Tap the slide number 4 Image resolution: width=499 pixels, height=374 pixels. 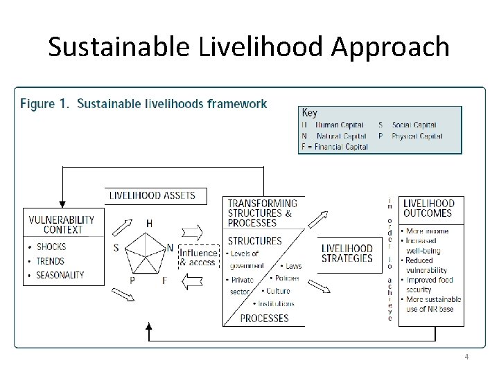pyautogui.click(x=466, y=357)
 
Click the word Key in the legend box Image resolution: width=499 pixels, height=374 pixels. pyautogui.click(x=310, y=112)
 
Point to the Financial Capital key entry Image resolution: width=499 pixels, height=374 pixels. pyautogui.click(x=334, y=147)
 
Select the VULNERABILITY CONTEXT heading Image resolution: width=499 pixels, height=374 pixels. pyautogui.click(x=62, y=225)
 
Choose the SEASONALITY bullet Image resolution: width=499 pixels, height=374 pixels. pyautogui.click(x=60, y=275)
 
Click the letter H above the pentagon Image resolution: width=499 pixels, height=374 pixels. pyautogui.click(x=149, y=223)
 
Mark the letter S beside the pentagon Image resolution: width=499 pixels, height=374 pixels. pyautogui.click(x=116, y=247)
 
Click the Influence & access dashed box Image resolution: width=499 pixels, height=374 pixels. pyautogui.click(x=198, y=257)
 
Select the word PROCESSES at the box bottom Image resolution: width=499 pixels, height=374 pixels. pyautogui.click(x=263, y=319)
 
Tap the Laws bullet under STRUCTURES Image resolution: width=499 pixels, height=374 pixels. pyautogui.click(x=292, y=266)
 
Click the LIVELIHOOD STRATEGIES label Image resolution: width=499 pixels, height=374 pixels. pyautogui.click(x=347, y=253)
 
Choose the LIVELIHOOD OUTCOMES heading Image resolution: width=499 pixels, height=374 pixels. pyautogui.click(x=428, y=208)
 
